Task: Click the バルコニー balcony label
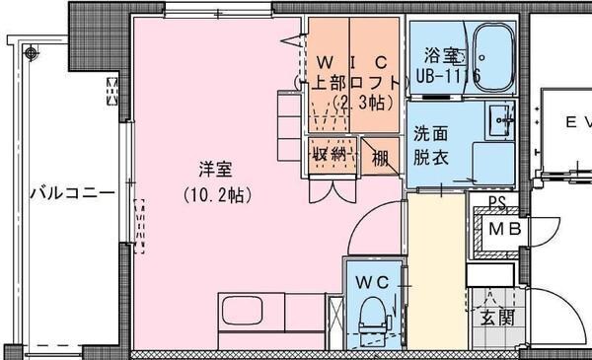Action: click(70, 191)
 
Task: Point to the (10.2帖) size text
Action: click(218, 195)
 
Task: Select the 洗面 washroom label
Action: click(430, 134)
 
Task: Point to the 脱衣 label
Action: click(430, 156)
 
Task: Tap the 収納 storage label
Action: click(330, 155)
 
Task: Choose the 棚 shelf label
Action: click(380, 155)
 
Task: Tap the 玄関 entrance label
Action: click(496, 318)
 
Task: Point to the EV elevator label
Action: click(574, 123)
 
